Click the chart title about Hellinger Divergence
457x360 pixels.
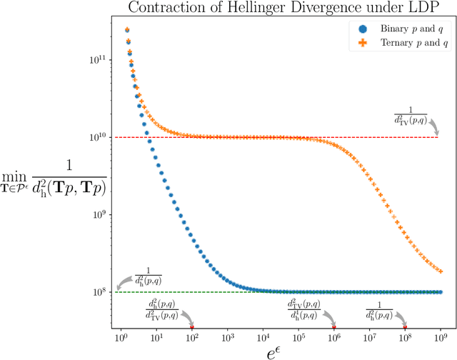click(285, 8)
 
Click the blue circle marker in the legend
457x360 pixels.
click(362, 29)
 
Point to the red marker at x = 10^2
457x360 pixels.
click(191, 327)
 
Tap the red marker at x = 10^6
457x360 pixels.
click(334, 327)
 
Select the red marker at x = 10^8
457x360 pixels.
click(405, 327)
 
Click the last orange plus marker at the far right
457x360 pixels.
click(441, 271)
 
